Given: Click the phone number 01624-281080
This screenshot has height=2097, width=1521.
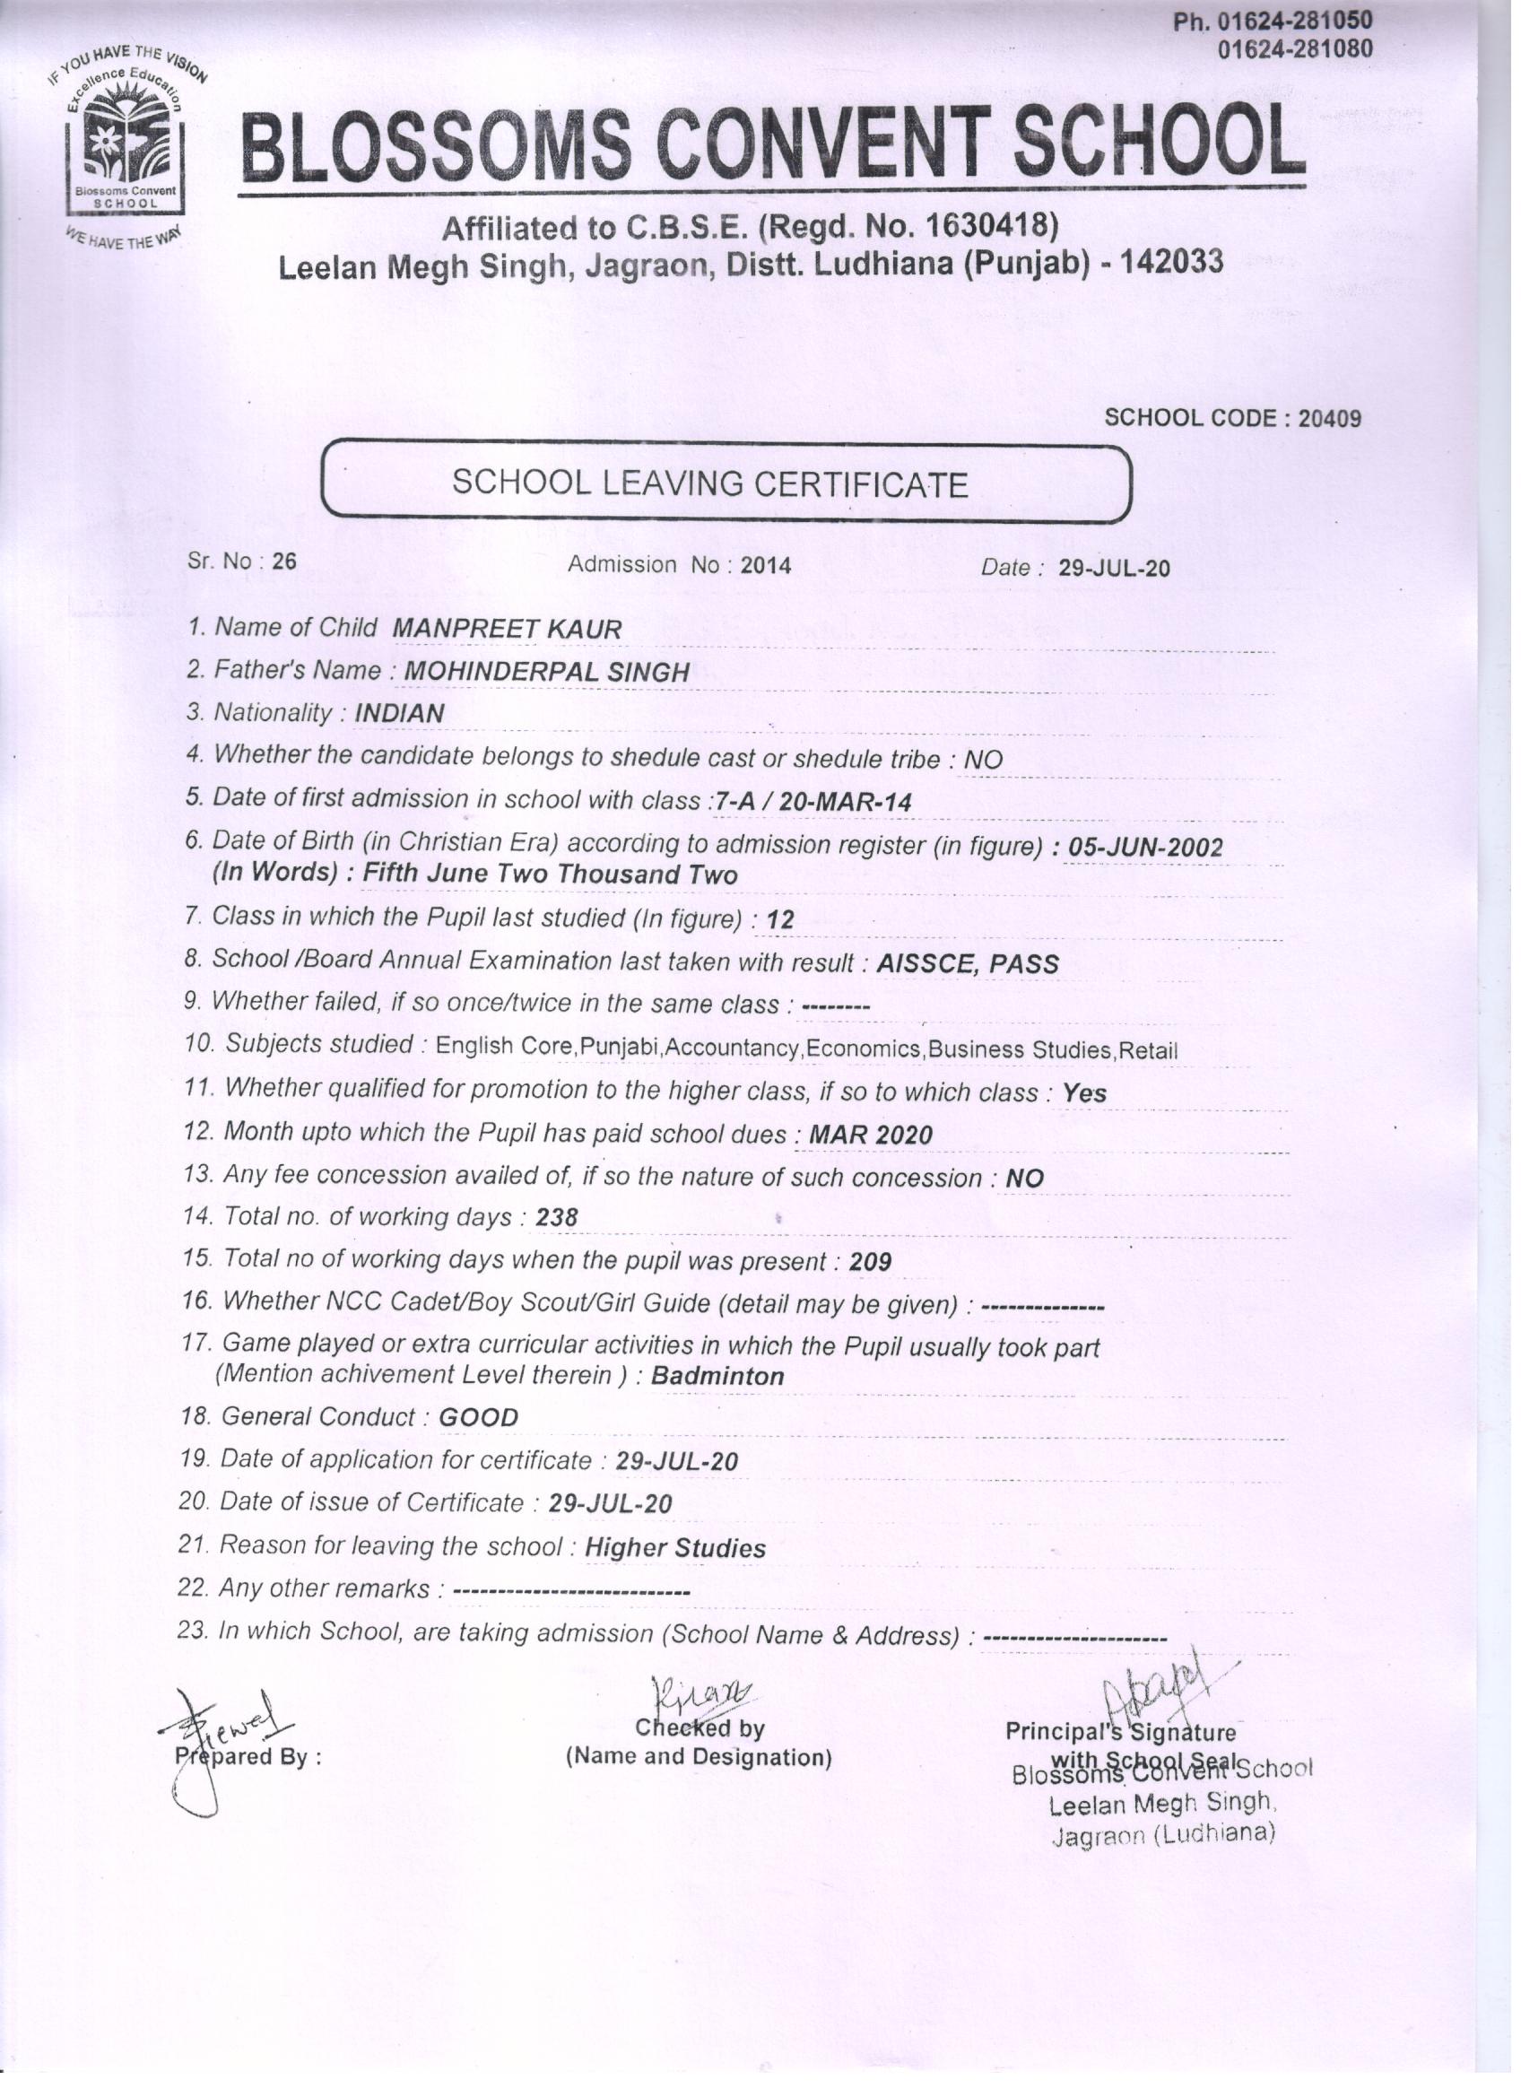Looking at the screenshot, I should click(x=1294, y=48).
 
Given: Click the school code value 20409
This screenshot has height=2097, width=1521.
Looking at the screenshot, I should click(x=1329, y=418).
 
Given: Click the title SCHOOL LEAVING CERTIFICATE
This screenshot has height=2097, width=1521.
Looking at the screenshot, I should click(x=709, y=483).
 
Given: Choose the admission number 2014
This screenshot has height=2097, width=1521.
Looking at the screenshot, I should click(x=766, y=565).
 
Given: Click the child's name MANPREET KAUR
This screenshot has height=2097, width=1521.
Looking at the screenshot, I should click(x=507, y=629).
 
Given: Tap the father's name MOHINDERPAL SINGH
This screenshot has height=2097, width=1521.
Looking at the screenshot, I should click(x=547, y=672).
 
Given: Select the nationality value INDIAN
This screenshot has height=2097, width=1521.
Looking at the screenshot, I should click(x=399, y=713).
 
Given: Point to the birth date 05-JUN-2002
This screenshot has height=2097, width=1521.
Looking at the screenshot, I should click(x=1144, y=847).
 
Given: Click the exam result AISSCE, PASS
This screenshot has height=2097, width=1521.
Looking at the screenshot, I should click(x=967, y=963).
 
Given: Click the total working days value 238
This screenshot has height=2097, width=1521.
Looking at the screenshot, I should click(x=557, y=1218).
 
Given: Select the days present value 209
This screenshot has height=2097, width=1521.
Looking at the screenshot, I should click(x=870, y=1261).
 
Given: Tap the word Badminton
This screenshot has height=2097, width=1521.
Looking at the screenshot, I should click(x=717, y=1376).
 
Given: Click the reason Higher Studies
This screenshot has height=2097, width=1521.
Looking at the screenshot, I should click(x=675, y=1548).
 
